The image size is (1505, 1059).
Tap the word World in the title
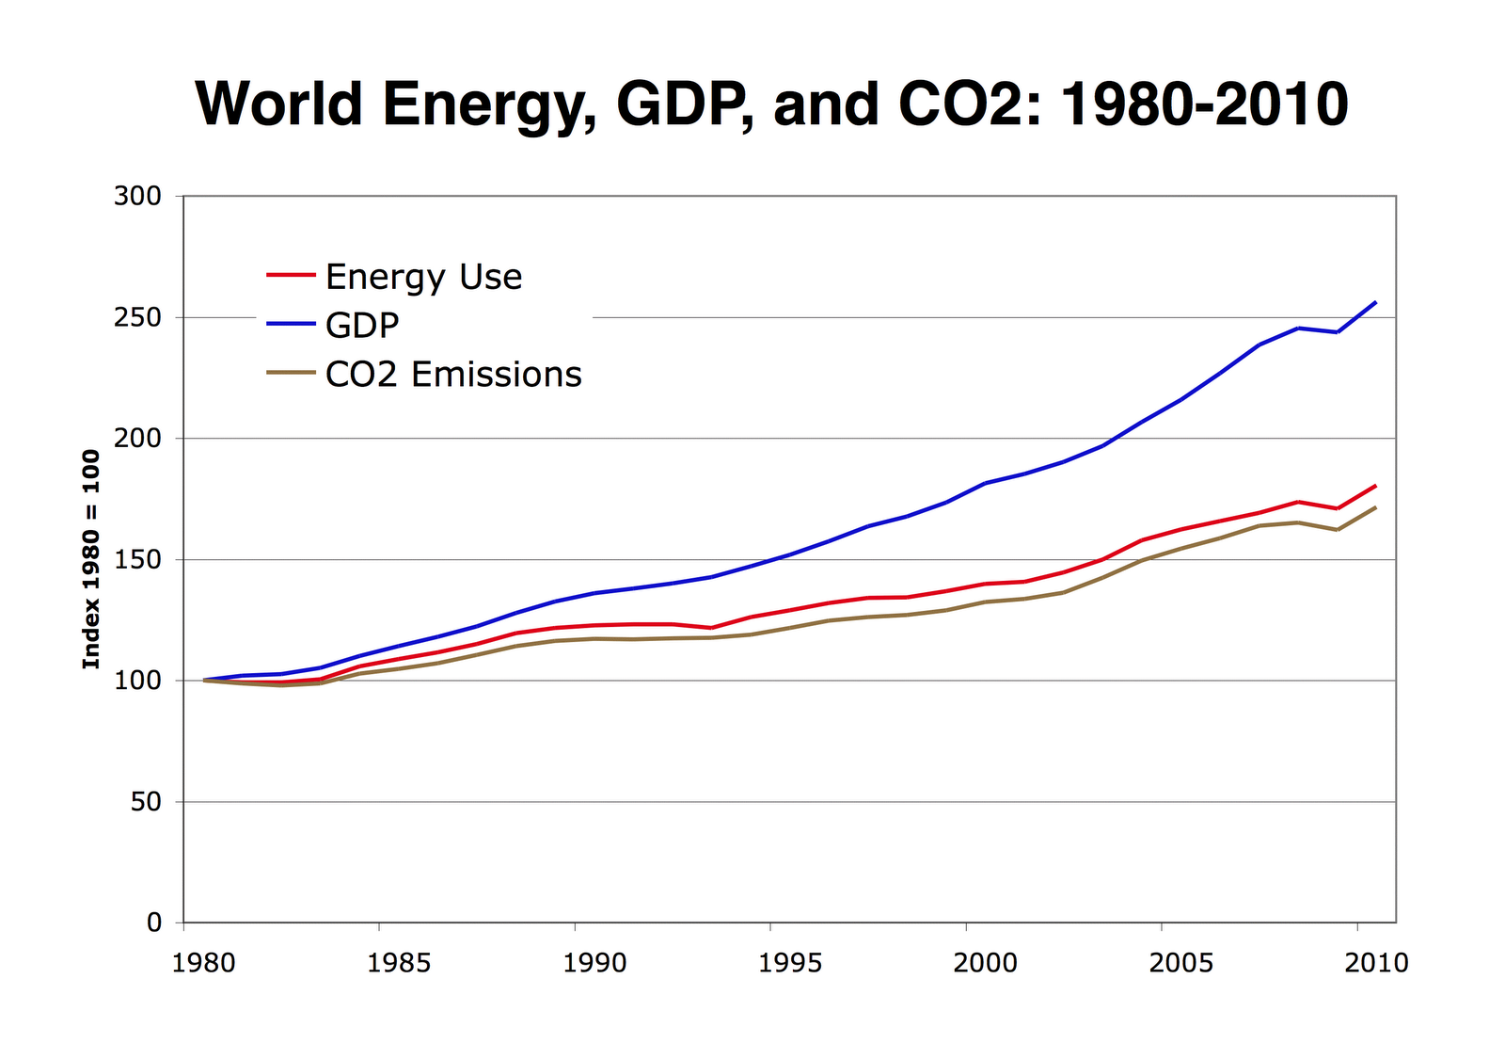(x=278, y=104)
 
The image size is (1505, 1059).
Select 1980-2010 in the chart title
(x=1203, y=104)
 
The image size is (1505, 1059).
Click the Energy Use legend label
(x=423, y=277)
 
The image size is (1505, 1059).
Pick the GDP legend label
(x=362, y=326)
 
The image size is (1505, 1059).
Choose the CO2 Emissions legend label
(x=453, y=375)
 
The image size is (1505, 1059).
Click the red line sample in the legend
(x=291, y=276)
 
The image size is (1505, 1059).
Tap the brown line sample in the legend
(x=291, y=374)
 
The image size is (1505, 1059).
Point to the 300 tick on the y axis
(x=137, y=197)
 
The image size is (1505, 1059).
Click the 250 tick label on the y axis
(x=137, y=317)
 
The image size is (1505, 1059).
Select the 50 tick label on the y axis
(x=146, y=802)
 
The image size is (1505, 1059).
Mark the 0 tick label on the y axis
(x=154, y=923)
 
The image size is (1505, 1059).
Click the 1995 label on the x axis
(x=790, y=963)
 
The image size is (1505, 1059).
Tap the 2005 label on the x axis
(x=1181, y=963)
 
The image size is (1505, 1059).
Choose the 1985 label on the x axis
(x=399, y=963)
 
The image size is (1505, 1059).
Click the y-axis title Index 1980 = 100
(x=91, y=559)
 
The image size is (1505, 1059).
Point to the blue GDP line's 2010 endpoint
(x=1376, y=302)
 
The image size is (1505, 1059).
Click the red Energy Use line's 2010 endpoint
(x=1376, y=486)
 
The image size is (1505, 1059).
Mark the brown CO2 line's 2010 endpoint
(x=1376, y=507)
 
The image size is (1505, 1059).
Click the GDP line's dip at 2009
(x=1338, y=332)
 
